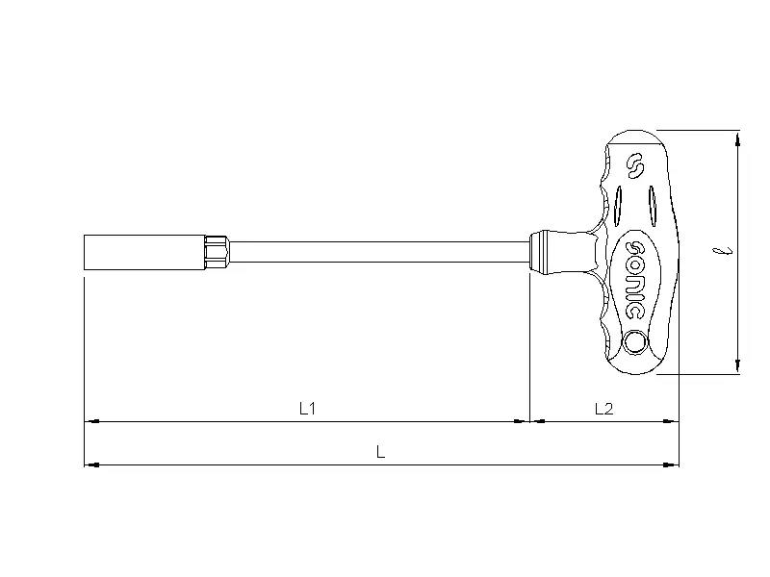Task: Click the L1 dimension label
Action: (x=308, y=409)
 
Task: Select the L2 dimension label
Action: (x=603, y=409)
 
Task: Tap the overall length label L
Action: (x=381, y=452)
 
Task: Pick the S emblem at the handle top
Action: (x=633, y=166)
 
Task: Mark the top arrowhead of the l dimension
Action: (x=737, y=138)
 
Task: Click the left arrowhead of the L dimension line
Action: (x=90, y=464)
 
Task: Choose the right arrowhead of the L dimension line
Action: (x=673, y=464)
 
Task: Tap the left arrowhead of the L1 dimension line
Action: (x=90, y=421)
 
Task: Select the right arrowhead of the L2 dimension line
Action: (x=673, y=421)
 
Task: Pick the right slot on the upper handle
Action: (x=652, y=204)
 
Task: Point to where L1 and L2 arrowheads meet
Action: (x=530, y=421)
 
